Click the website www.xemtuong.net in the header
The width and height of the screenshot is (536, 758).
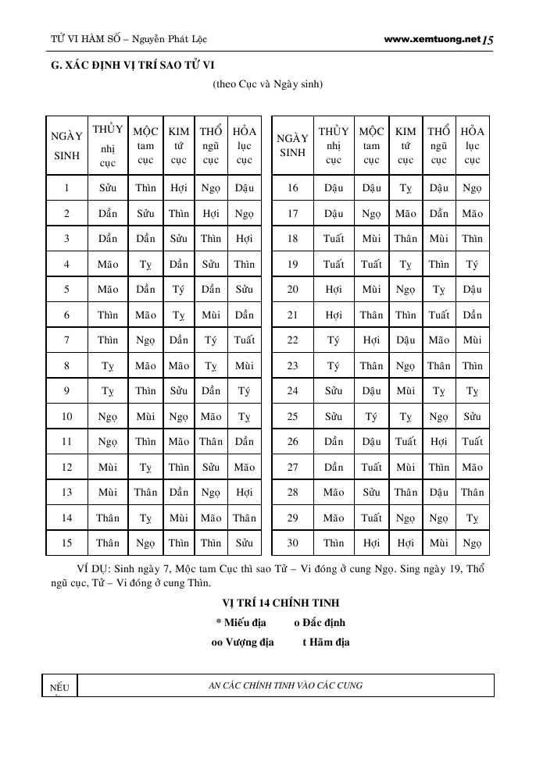coord(432,38)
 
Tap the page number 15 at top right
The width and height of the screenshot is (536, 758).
coord(488,39)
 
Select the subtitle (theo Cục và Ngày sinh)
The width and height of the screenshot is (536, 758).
coord(267,84)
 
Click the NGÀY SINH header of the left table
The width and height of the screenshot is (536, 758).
coord(66,145)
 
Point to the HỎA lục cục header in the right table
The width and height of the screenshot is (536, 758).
coord(472,145)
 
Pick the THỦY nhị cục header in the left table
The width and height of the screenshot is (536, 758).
coord(108,145)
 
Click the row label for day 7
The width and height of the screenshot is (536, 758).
coord(66,340)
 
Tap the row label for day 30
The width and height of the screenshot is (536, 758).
coord(293,543)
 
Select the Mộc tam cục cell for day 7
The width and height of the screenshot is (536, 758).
coord(145,340)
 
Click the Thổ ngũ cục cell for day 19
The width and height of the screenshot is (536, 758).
coord(439,264)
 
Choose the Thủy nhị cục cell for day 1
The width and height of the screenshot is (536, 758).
coord(108,187)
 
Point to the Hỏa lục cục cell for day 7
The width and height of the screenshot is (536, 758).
coord(245,340)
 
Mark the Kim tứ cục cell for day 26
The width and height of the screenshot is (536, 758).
coord(406,441)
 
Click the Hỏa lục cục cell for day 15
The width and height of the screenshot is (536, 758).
coord(245,543)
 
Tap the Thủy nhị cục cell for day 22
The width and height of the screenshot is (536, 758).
coord(334,340)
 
